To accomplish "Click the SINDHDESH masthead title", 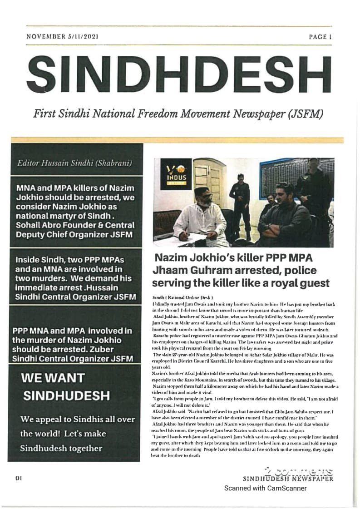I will pyautogui.click(x=180, y=73).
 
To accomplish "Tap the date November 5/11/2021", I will pyautogui.click(x=63, y=36).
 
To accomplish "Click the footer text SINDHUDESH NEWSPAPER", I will pyautogui.click(x=289, y=478).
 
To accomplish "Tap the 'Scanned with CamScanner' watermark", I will pyautogui.click(x=265, y=489).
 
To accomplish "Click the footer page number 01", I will pyautogui.click(x=19, y=478).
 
